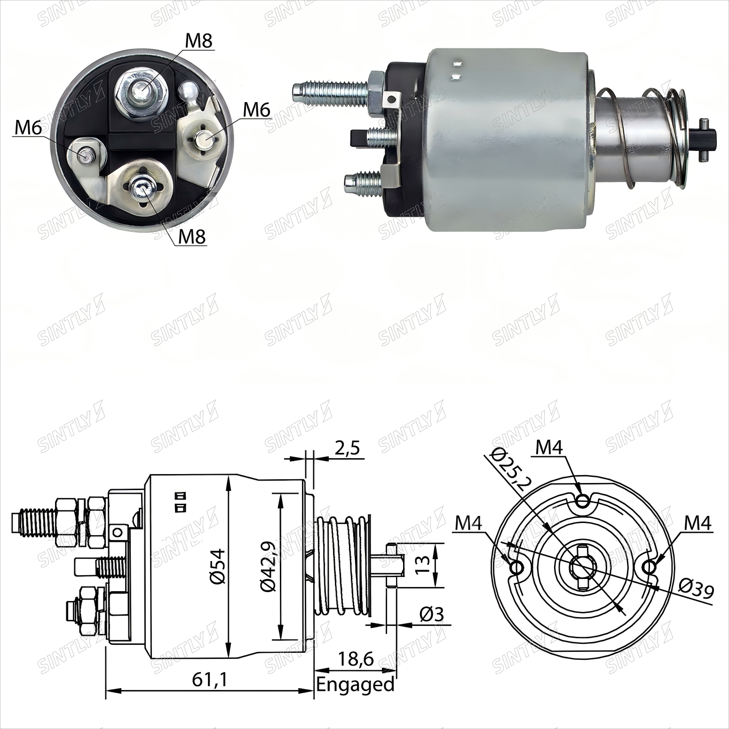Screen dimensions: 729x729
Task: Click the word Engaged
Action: coord(355,684)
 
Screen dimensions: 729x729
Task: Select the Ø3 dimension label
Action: coord(431,614)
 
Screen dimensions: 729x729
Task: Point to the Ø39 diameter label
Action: coord(697,589)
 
